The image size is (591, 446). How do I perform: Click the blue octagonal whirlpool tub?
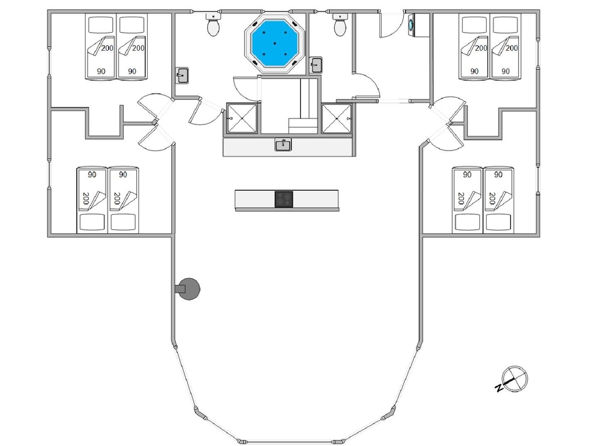point(275,44)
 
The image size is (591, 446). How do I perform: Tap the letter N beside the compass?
point(499,388)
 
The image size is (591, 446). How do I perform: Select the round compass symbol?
point(515,378)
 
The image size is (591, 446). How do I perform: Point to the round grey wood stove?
point(188,289)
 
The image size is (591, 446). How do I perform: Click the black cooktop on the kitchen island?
point(284,199)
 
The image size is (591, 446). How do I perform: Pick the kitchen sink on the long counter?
point(283,145)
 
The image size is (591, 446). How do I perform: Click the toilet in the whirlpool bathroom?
point(214,25)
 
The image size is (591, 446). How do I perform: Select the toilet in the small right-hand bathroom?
point(340,25)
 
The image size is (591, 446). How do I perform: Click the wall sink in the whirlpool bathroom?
point(182,76)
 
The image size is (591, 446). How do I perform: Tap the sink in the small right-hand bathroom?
point(316,65)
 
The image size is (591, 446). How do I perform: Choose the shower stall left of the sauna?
point(241,118)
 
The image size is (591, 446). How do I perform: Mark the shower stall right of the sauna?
point(336,118)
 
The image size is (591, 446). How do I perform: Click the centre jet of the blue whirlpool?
point(275,43)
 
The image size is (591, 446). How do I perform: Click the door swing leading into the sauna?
point(247,88)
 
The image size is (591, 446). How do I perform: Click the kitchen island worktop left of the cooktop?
point(255,199)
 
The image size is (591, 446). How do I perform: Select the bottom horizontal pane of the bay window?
point(289,442)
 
